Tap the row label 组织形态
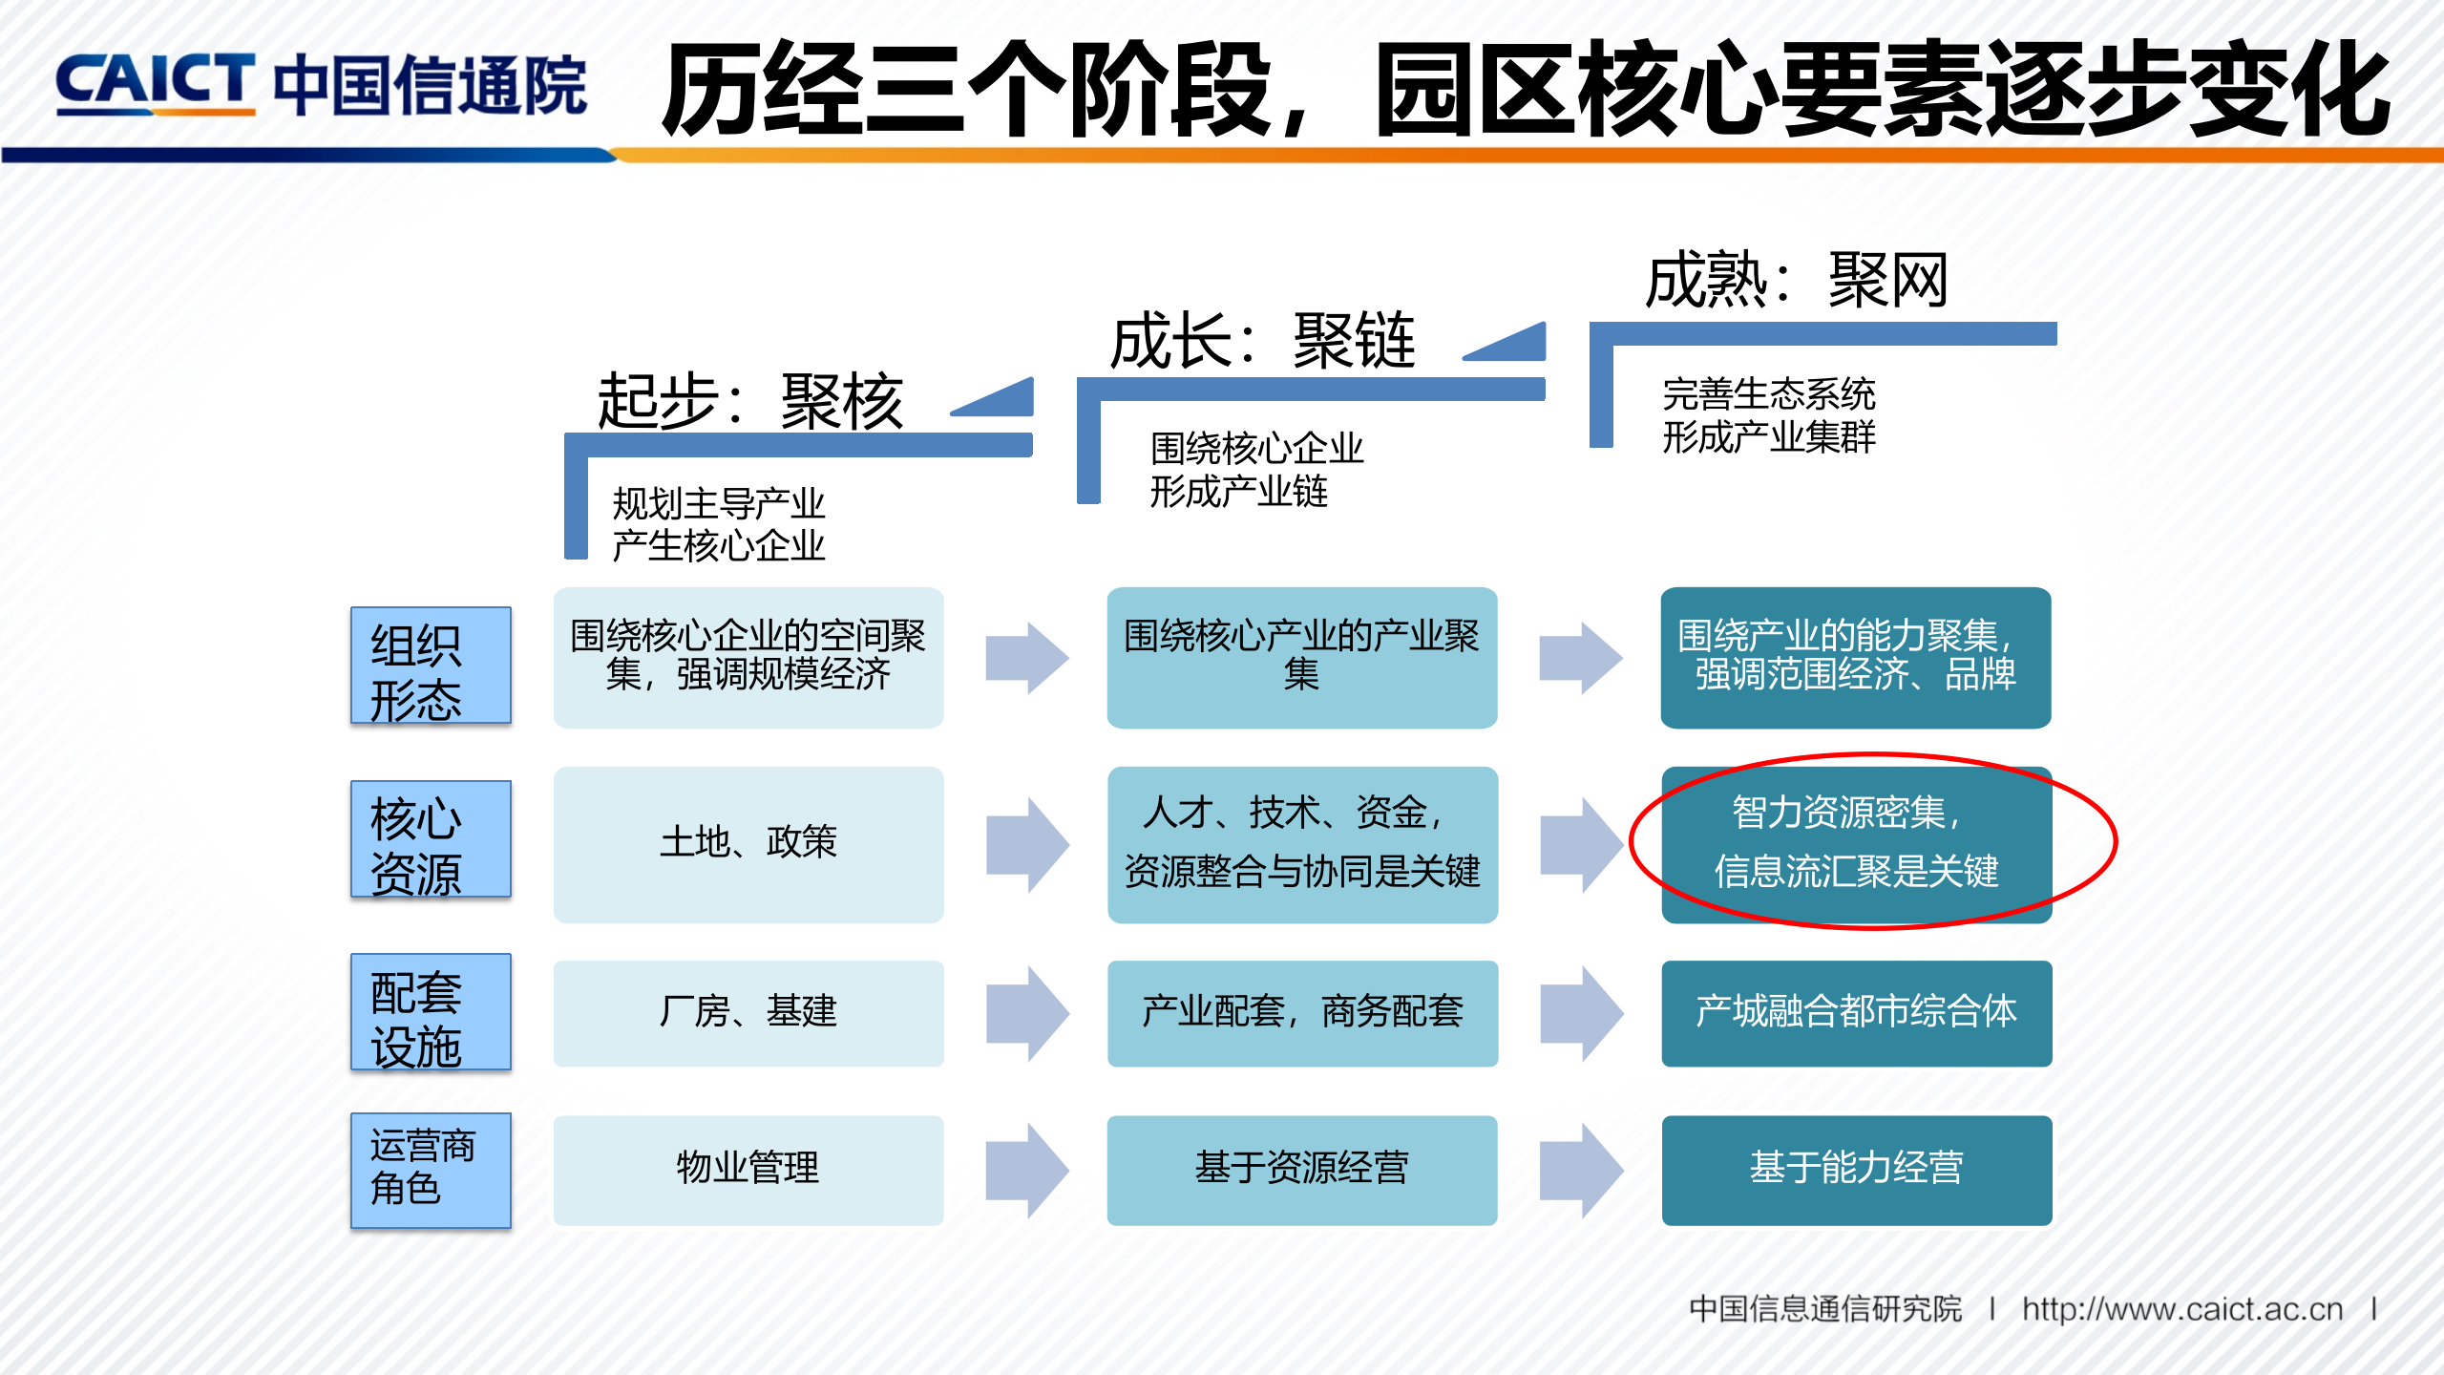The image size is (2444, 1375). pos(431,666)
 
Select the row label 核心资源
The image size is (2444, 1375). pos(431,839)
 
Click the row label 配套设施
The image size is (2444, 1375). pos(431,1012)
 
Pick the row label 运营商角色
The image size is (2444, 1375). pos(431,1171)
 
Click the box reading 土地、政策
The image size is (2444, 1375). pos(748,844)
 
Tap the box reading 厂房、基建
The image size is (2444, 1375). pos(748,1013)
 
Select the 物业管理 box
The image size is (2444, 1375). pos(748,1170)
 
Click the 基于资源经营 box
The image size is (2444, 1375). pos(1302,1170)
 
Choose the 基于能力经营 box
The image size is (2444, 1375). pos(1856,1170)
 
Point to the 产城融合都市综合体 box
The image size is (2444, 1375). pos(1856,1013)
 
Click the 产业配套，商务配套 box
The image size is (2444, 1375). pos(1302,1013)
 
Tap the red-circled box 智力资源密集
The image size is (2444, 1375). pos(1856,844)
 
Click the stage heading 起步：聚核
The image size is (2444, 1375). pos(750,402)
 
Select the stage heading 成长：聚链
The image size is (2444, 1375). pos(1262,342)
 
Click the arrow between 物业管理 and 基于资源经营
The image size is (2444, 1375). pos(1026,1170)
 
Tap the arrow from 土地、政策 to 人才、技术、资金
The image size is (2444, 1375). pos(1026,845)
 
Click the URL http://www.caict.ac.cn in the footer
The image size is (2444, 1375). pos(2182,1309)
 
